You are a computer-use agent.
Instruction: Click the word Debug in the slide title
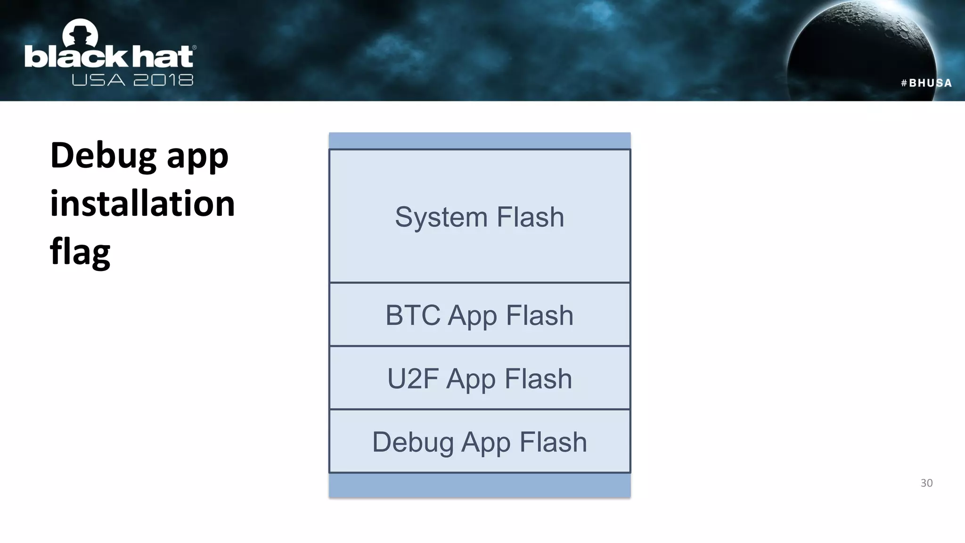pos(103,156)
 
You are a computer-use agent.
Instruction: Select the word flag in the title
pos(80,251)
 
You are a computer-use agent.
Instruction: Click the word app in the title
pos(197,156)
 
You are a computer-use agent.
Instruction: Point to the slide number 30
pos(926,483)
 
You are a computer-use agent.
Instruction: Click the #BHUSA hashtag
pos(926,83)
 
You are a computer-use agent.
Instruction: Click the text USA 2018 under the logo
pos(132,80)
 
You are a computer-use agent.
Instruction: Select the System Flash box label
pos(479,217)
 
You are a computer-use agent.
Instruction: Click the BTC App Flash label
pos(479,315)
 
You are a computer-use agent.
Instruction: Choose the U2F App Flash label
pos(479,378)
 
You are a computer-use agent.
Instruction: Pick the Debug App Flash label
pos(479,442)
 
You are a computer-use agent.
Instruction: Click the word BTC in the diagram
pos(413,315)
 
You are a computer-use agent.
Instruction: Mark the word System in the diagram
pos(441,217)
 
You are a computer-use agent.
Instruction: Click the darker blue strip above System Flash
pos(479,140)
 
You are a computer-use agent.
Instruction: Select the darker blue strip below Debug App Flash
pos(479,485)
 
